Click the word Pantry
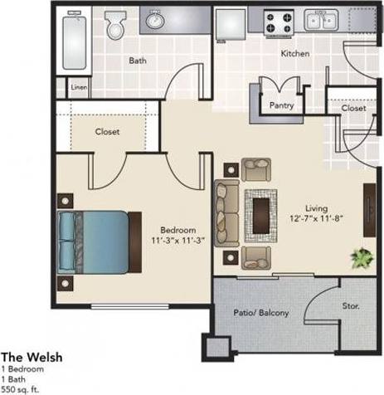click(282, 105)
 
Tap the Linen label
click(79, 87)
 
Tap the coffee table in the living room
click(265, 211)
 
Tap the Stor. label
click(351, 306)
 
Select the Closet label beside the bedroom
click(107, 132)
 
